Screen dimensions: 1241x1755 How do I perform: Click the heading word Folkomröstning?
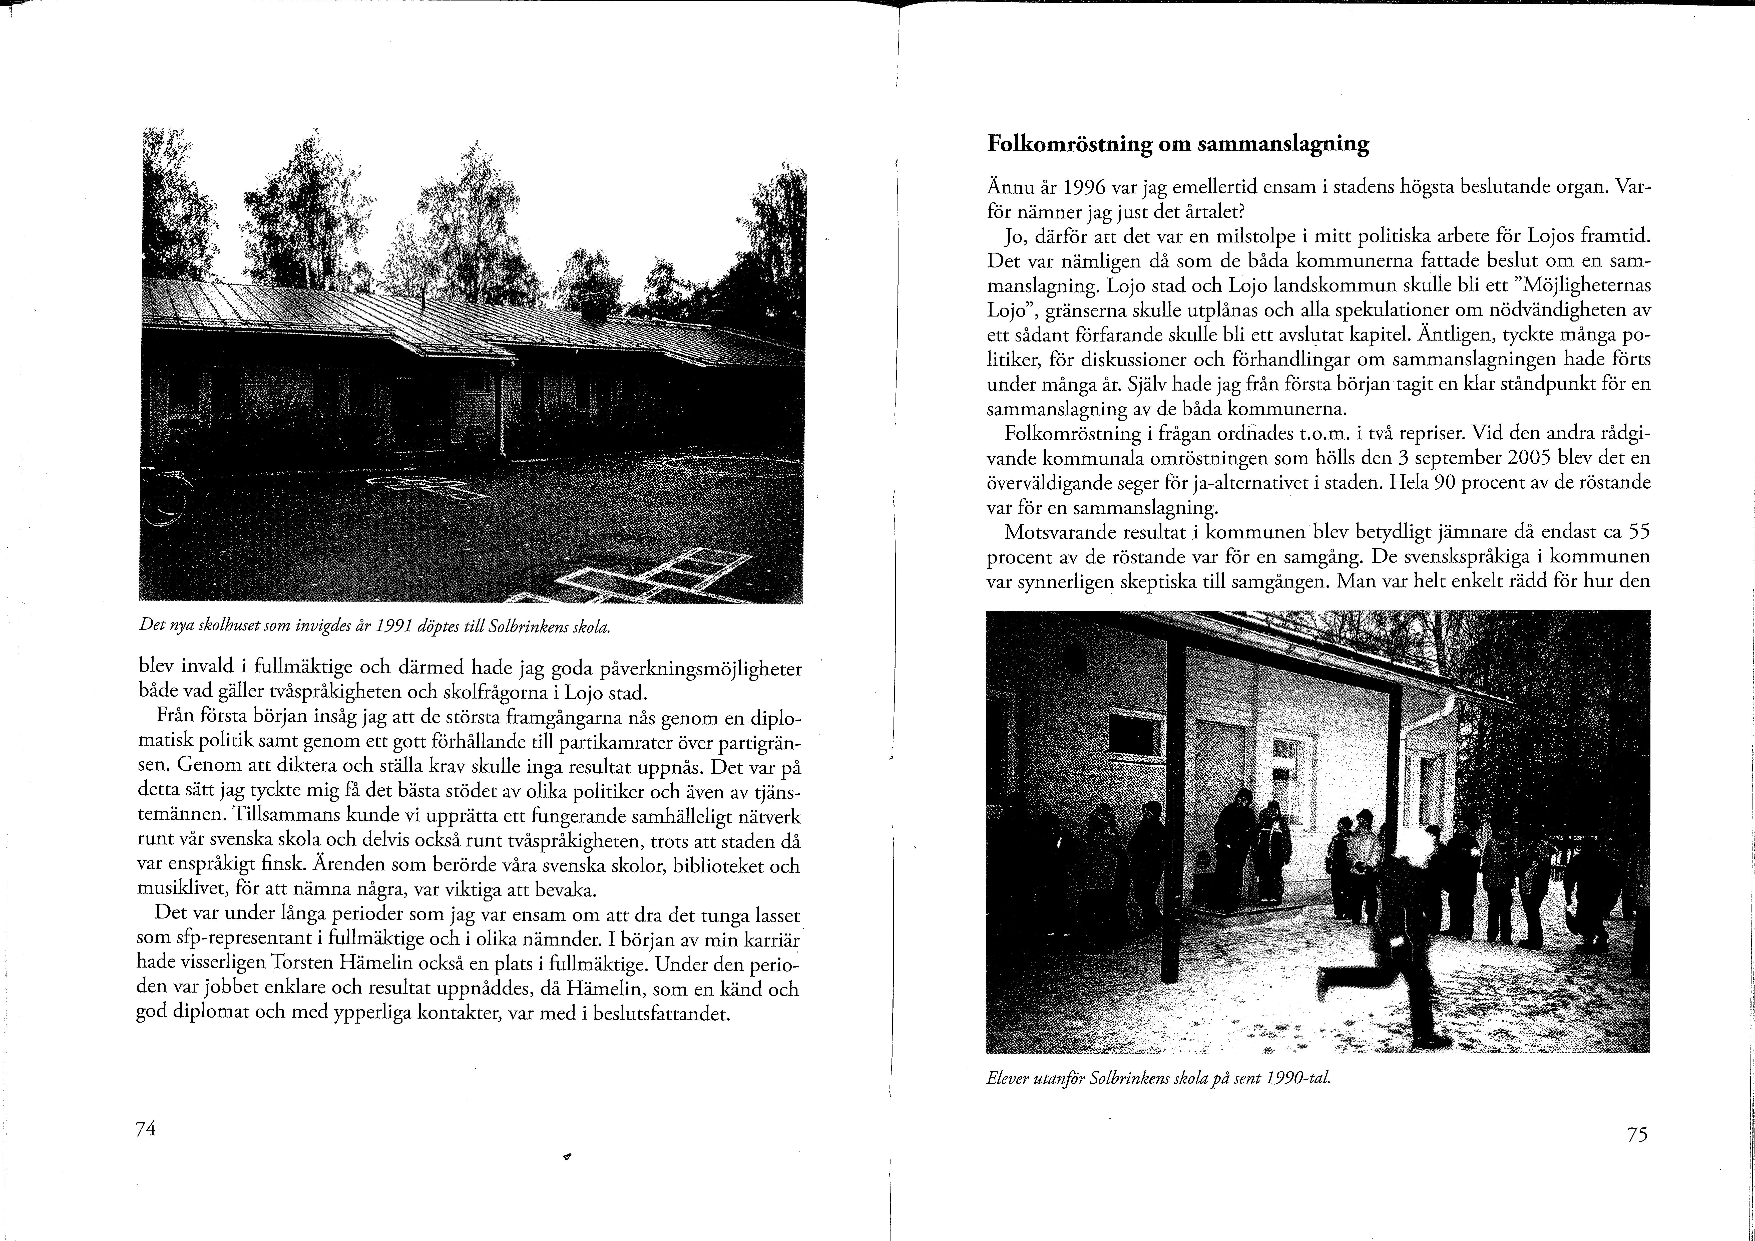[x=1070, y=145]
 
